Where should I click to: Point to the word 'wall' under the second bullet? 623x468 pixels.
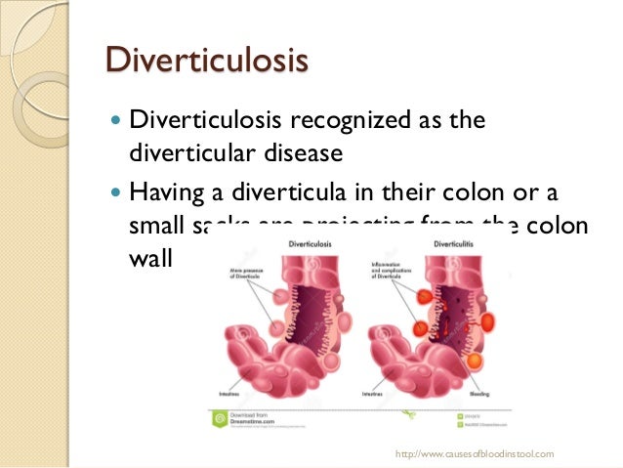click(x=147, y=259)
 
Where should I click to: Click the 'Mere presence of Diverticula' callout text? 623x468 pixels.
click(x=241, y=271)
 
